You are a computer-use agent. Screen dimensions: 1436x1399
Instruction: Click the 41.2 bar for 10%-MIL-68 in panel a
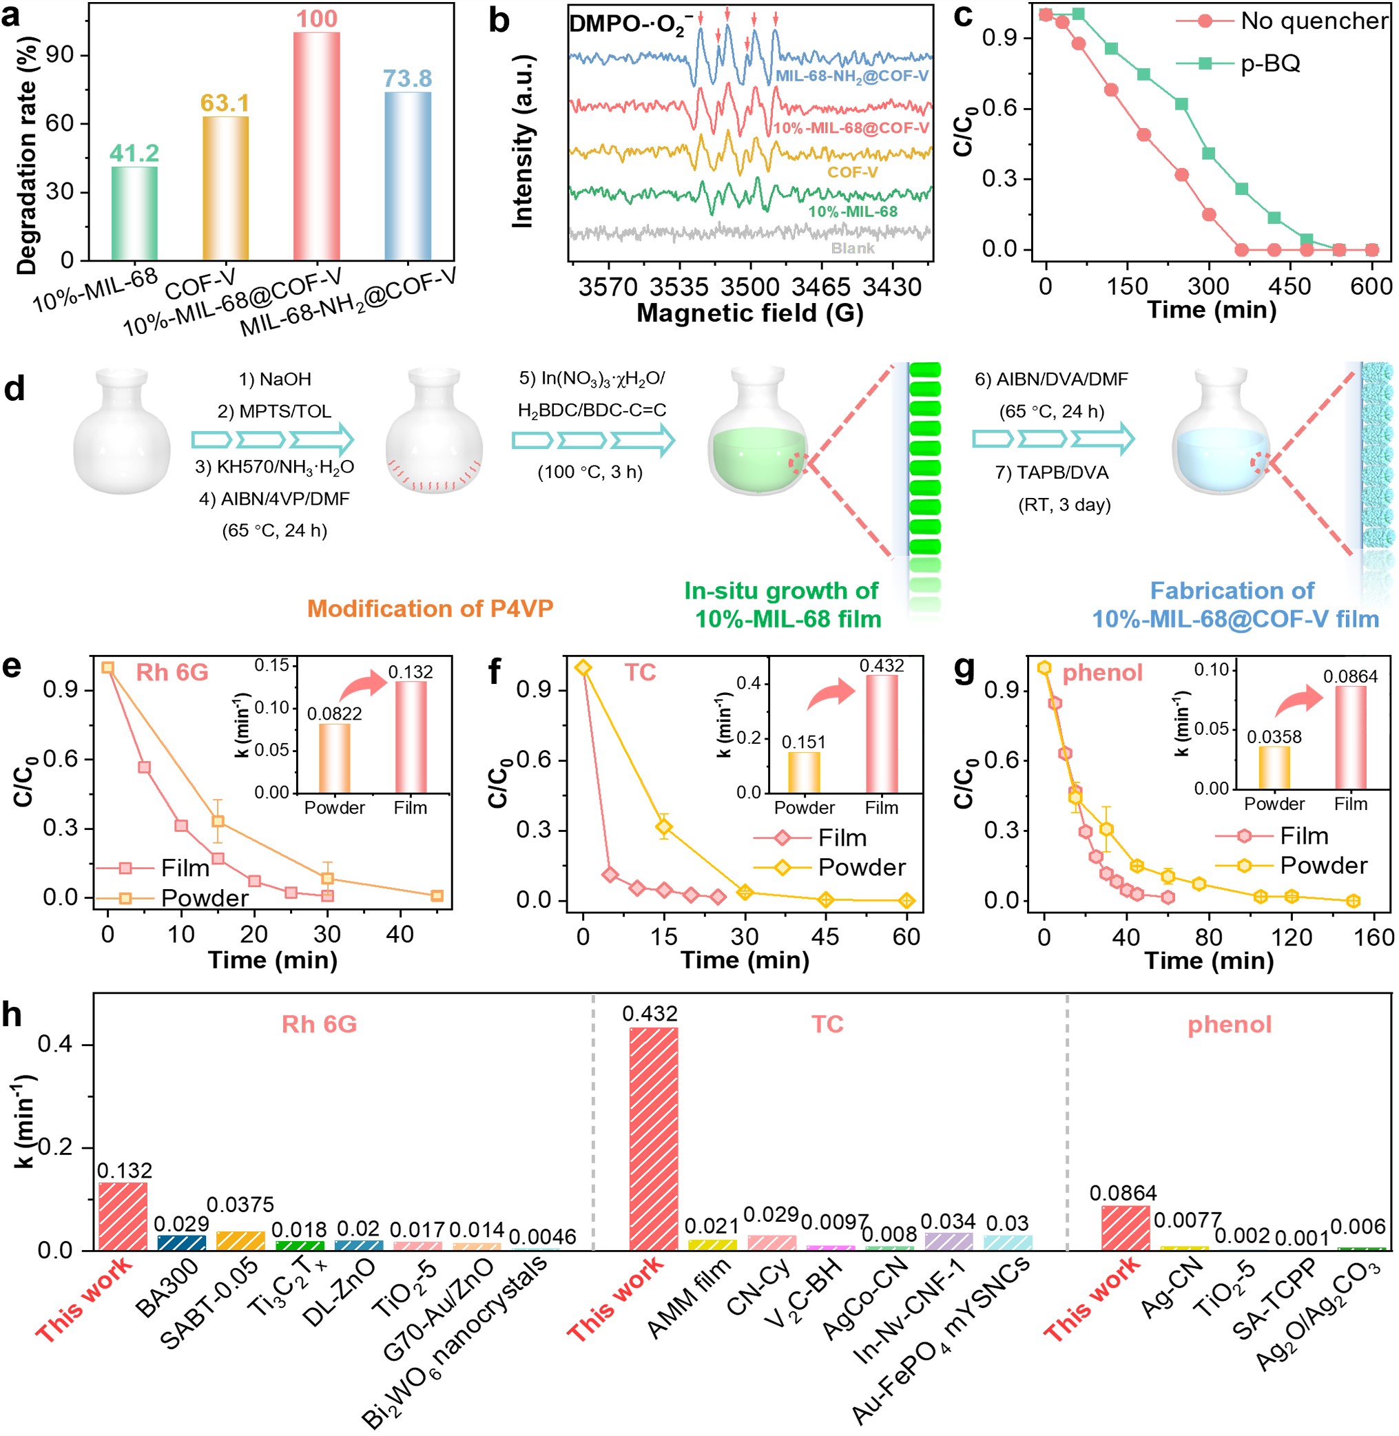coord(134,213)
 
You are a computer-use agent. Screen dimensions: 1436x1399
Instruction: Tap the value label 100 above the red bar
coord(317,19)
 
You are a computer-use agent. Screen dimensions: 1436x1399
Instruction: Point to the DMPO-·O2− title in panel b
coord(630,25)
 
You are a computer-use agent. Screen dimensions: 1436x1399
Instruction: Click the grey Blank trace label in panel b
coord(852,248)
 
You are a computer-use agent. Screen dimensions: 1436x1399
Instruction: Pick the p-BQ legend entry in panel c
coord(1270,64)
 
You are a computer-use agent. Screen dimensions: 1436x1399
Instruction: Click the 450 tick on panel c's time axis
coord(1289,287)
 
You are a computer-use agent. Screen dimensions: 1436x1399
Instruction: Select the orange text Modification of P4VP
coord(430,608)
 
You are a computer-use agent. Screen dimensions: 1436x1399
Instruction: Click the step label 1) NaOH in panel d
coord(275,379)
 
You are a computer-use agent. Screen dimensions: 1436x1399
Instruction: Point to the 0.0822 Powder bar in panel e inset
coord(334,758)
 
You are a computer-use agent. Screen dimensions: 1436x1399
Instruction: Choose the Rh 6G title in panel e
coord(172,672)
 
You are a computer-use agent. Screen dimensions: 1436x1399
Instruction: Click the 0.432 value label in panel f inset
coord(882,665)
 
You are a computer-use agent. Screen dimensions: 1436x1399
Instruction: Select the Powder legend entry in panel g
coord(1323,865)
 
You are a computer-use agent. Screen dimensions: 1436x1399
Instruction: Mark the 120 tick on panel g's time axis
coord(1291,937)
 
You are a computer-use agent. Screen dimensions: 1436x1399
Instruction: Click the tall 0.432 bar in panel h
coord(653,1138)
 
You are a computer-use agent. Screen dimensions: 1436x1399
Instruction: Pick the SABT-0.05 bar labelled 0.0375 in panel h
coord(240,1240)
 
